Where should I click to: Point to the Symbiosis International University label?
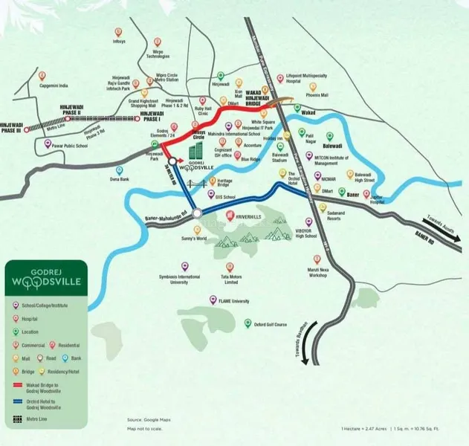tap(181, 279)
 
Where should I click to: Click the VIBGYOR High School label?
tap(304, 234)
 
